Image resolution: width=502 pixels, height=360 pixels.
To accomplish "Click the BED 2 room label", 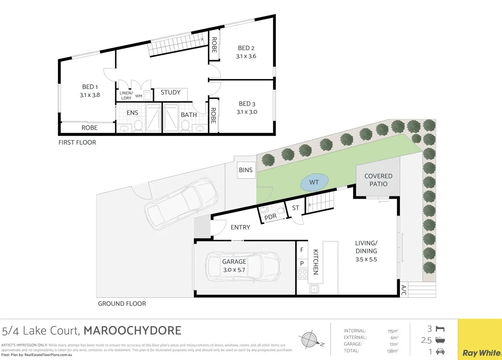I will pos(246,48).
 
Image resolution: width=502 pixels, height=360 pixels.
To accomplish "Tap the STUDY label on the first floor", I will pos(171,92).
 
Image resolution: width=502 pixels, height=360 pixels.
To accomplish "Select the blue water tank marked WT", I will pos(314,182).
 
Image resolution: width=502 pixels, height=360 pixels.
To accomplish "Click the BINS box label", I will pos(245,170).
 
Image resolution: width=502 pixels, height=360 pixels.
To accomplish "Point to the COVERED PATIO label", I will pos(378,180).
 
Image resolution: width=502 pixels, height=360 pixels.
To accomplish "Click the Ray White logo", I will pos(481,353).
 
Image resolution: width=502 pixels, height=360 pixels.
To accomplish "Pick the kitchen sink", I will pos(314,289).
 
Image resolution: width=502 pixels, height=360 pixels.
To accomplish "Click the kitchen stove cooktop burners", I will pos(302,274).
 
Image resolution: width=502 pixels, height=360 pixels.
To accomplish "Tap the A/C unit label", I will pos(404,290).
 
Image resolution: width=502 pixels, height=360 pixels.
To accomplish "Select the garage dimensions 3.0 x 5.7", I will pos(234,270).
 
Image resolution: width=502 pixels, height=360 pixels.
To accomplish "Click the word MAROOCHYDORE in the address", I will pos(132,331).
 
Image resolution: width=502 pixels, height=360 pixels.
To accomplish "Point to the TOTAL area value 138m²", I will pos(393,351).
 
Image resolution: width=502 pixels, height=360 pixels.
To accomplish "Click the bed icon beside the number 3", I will pos(440,329).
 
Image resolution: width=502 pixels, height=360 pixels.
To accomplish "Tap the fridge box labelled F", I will pos(302,250).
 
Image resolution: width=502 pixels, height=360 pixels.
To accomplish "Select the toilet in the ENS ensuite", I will pos(138,126).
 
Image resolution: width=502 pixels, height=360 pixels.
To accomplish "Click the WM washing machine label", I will pos(139,96).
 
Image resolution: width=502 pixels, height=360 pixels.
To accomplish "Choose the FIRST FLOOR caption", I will pos(77,142).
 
